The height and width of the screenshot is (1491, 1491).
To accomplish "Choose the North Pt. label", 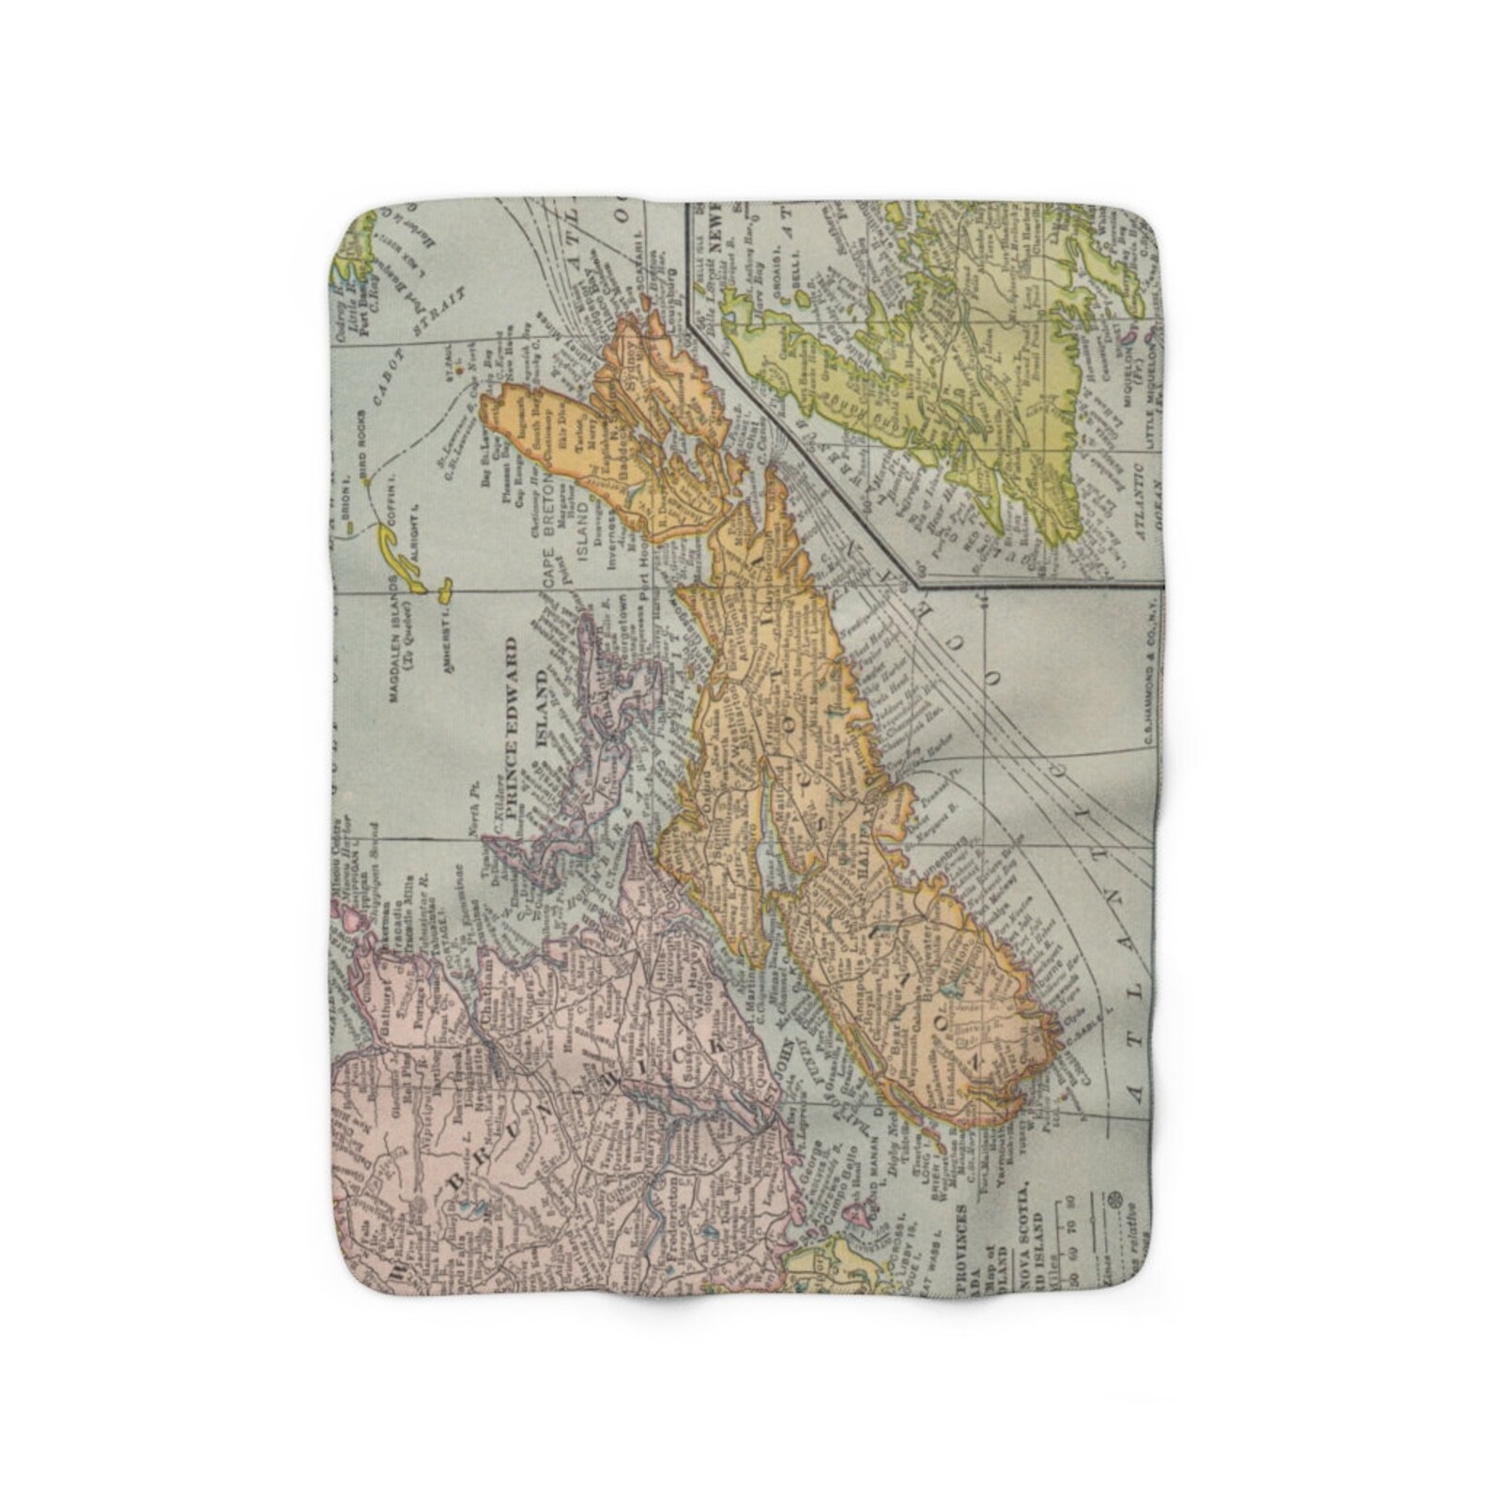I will (x=477, y=817).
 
